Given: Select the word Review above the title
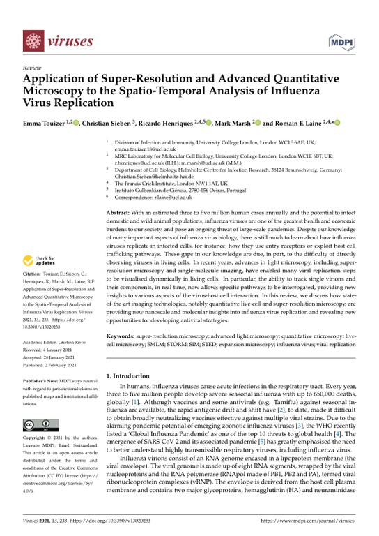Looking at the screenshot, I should coord(32,68).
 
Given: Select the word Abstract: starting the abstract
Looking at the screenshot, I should coord(118,211).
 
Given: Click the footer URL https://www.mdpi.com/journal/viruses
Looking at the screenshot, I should coord(315,520).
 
